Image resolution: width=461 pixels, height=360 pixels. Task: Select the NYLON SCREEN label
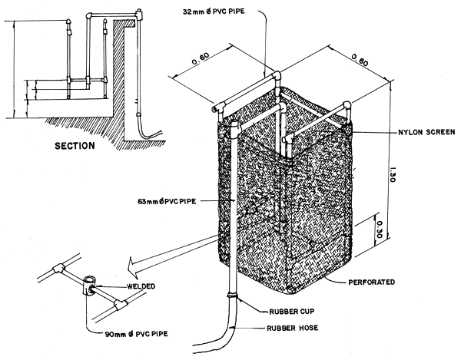point(413,131)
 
